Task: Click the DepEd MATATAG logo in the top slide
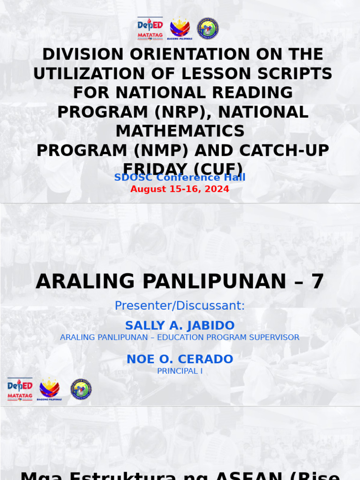point(150,28)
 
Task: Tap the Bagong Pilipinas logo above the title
point(180,28)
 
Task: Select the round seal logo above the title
point(207,28)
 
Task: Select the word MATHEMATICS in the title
point(180,131)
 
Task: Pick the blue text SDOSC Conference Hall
point(180,178)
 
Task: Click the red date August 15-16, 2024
point(180,189)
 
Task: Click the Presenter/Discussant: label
point(180,306)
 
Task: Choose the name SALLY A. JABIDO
point(180,325)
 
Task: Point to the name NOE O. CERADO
point(180,359)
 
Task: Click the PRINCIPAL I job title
point(180,371)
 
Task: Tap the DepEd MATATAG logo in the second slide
point(20,389)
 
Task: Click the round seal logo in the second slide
point(81,389)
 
